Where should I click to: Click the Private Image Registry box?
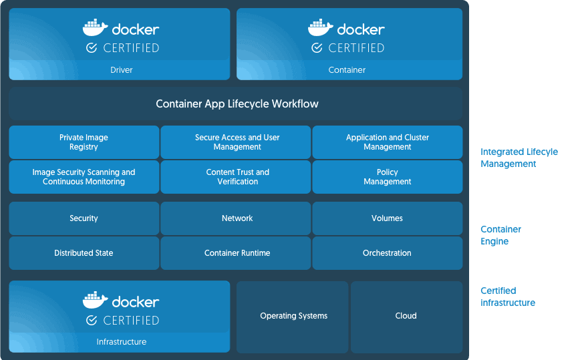(x=84, y=142)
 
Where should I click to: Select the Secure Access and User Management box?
(x=237, y=142)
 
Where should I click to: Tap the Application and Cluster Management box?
(x=388, y=142)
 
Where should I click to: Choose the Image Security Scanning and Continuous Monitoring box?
(x=84, y=177)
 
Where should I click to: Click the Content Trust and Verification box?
(x=237, y=177)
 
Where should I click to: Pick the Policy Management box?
(x=388, y=177)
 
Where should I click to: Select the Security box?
(x=84, y=218)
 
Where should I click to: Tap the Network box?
(x=237, y=218)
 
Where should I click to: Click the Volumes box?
(x=388, y=218)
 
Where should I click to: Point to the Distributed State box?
(x=84, y=253)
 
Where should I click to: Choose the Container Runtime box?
(x=237, y=253)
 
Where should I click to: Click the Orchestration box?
(x=388, y=253)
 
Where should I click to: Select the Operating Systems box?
(x=293, y=316)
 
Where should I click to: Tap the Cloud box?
(x=406, y=316)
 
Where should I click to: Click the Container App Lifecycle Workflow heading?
(x=237, y=104)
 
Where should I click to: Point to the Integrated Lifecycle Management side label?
(x=519, y=158)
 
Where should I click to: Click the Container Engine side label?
(x=500, y=235)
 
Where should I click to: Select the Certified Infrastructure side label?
(x=507, y=297)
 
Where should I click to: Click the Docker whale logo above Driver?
(x=95, y=28)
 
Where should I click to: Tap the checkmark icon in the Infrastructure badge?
(x=92, y=321)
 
